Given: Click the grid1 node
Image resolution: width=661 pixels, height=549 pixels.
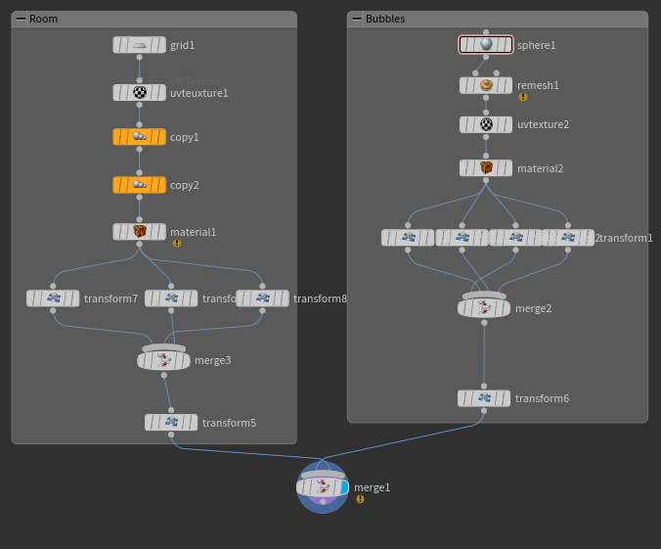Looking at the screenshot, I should pos(140,45).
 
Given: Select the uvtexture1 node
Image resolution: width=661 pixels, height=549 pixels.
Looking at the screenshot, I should pos(140,93).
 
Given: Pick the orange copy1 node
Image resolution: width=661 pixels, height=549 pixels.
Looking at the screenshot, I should pos(140,137).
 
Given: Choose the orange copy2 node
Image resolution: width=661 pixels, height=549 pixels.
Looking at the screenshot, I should pos(140,185).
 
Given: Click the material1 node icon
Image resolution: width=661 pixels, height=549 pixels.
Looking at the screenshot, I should pos(140,232).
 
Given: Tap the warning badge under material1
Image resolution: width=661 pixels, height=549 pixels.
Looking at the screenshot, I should pos(177,243).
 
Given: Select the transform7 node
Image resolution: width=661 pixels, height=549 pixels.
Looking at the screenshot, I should pos(54,298).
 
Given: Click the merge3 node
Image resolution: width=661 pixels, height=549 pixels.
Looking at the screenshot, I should pos(163,360).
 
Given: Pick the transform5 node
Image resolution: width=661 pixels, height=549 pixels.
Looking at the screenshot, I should pos(171,423).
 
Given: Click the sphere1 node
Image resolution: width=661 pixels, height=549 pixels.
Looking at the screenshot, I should pos(486,45).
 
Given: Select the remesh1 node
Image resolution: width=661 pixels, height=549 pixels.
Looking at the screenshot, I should pos(486,86).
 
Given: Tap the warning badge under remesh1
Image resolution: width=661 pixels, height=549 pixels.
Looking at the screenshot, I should pos(523,97).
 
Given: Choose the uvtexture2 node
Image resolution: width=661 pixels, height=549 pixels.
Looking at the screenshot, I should pos(486,125).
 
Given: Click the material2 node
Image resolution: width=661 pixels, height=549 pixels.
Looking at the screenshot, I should pos(486,168).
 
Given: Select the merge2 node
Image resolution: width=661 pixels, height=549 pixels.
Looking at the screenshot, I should pos(484,308).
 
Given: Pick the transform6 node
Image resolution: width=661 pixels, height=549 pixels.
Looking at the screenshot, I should pos(484,398).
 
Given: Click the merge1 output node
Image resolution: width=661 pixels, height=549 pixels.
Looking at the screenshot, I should pos(323,487).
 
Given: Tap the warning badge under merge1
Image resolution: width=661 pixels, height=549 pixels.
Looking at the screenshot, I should pos(360,498).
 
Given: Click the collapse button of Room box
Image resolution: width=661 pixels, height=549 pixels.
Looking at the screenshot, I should pos(22,19).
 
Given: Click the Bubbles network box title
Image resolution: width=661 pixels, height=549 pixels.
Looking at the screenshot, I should pos(385,19).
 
